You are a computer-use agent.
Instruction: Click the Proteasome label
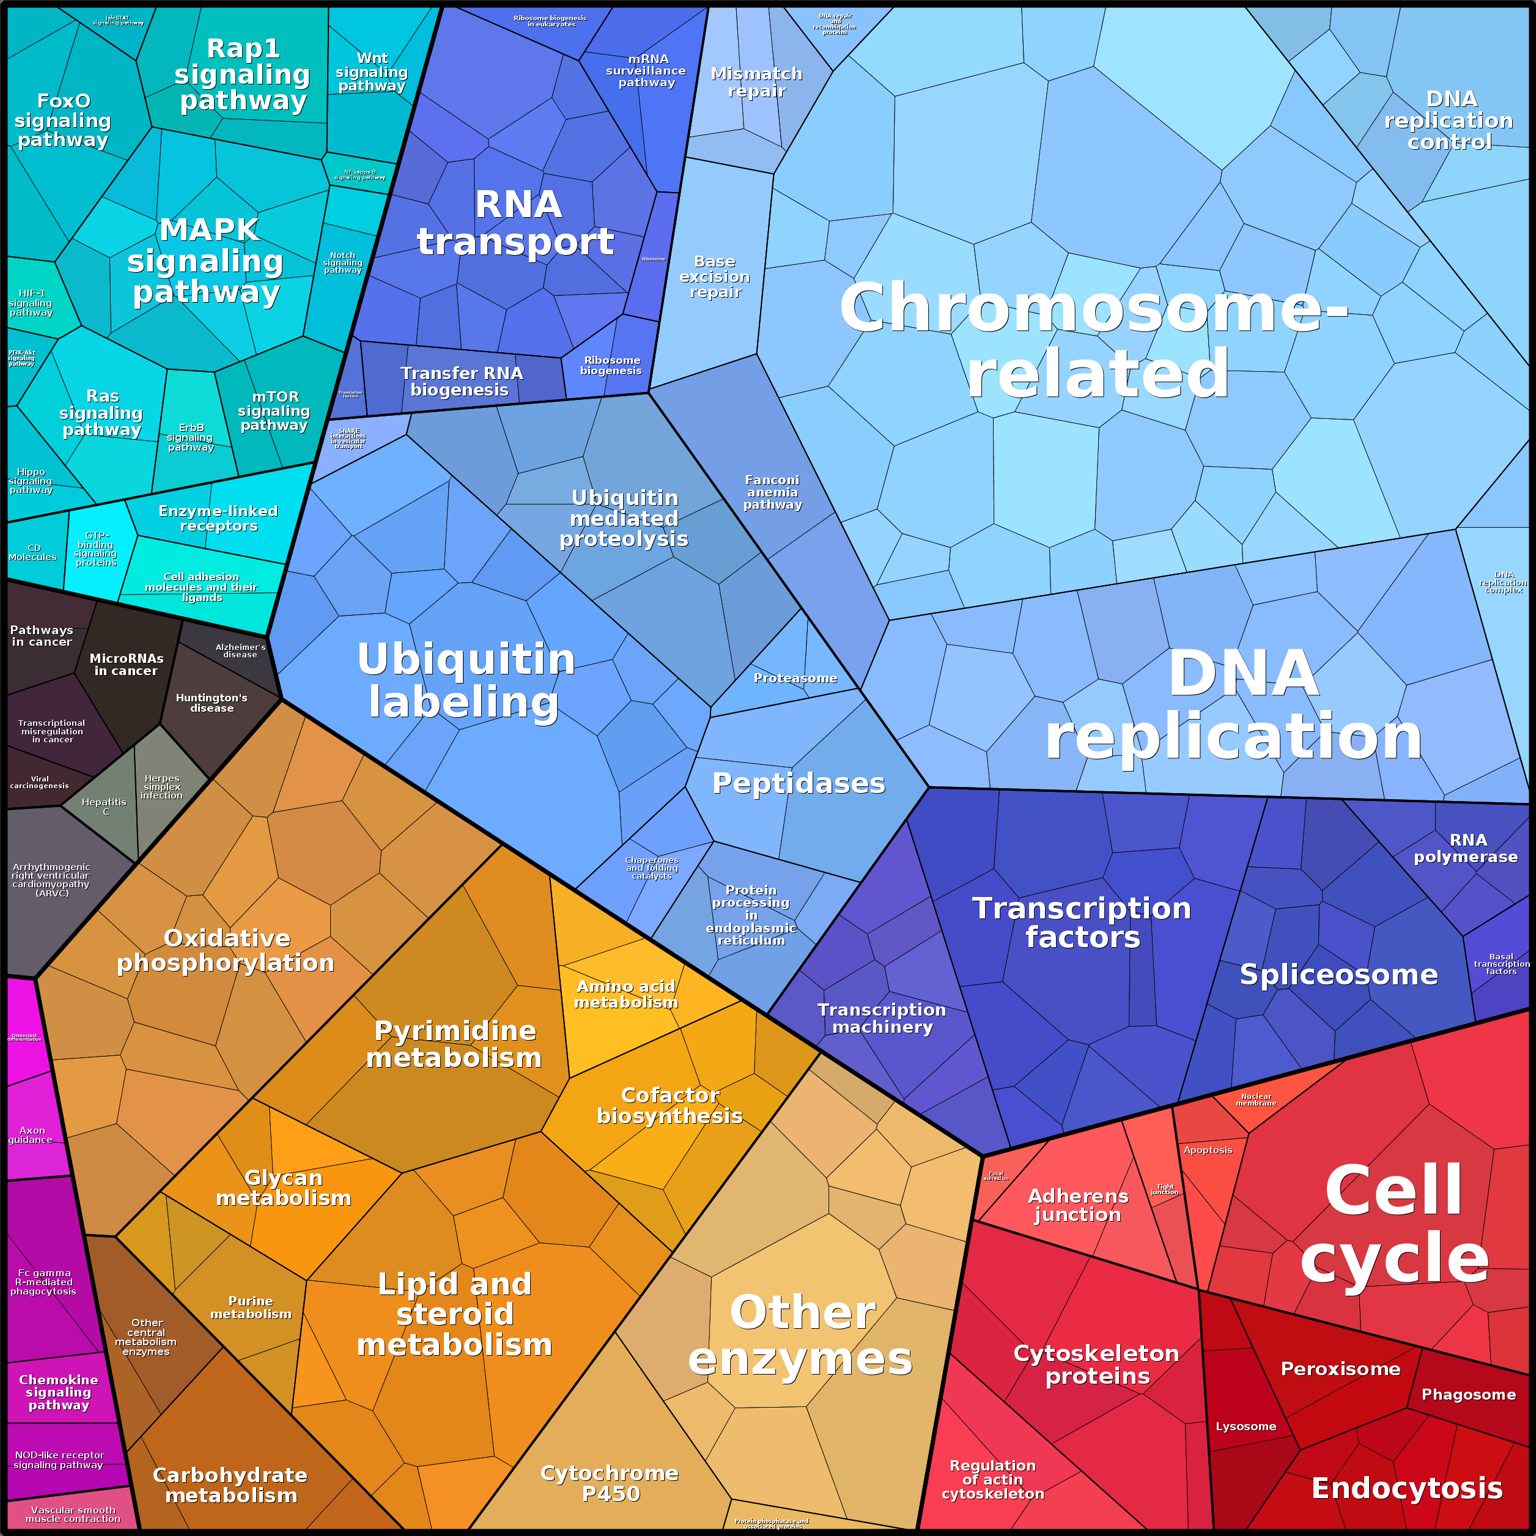click(x=795, y=678)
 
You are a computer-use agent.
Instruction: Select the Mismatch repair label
click(x=756, y=82)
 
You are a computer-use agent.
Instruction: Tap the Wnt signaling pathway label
click(x=371, y=72)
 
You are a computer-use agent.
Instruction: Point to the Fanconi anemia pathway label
click(x=772, y=492)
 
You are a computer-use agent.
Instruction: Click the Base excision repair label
click(x=715, y=276)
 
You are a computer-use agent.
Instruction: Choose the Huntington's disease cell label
click(x=212, y=703)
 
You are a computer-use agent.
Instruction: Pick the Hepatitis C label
click(x=104, y=806)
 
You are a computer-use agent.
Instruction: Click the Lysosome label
click(x=1246, y=1427)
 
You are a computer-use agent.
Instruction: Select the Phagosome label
click(x=1468, y=1395)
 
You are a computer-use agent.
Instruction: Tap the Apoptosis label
click(x=1208, y=1150)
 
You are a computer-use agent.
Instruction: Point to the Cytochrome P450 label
click(x=610, y=1483)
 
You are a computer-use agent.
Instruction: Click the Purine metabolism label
click(x=251, y=1308)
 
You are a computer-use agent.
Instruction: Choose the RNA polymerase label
click(x=1465, y=848)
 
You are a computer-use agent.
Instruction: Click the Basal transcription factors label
click(x=1501, y=964)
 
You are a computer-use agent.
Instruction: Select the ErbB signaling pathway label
click(x=191, y=437)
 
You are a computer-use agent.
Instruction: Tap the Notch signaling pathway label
click(x=342, y=263)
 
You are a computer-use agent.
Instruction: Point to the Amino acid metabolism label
click(x=627, y=995)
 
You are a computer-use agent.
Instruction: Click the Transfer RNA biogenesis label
click(x=461, y=382)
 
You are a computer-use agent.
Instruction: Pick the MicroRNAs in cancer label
click(x=127, y=665)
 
